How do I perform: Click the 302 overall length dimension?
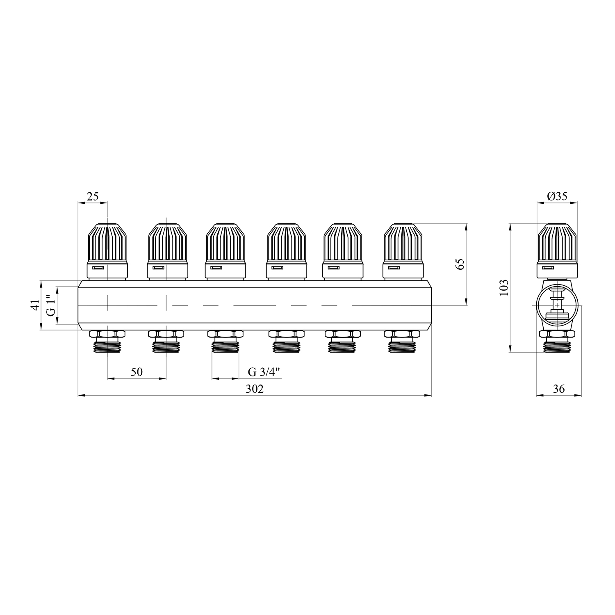(x=254, y=389)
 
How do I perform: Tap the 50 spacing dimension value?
(x=137, y=372)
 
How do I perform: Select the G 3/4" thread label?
(x=264, y=372)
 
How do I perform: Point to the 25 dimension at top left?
(x=93, y=196)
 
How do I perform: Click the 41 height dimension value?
(x=35, y=305)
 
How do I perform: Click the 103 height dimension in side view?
(x=504, y=287)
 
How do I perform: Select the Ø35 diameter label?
(x=557, y=196)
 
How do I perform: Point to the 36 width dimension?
(x=559, y=389)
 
